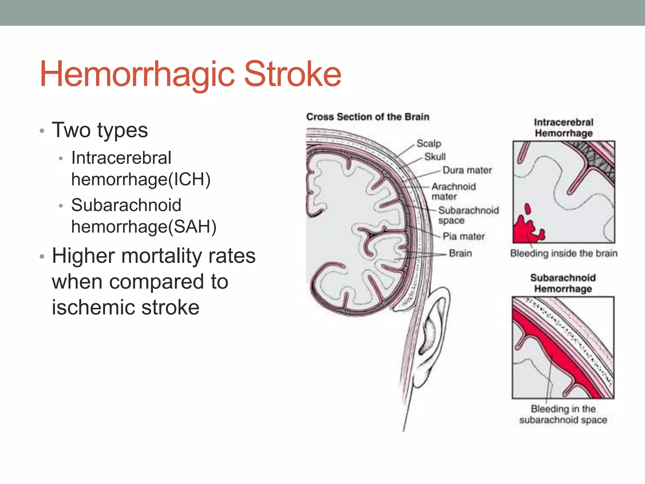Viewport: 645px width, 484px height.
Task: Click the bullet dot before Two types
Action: coord(42,131)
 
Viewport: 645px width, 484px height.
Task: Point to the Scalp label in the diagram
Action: coord(429,143)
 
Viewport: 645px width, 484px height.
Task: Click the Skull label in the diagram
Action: coord(435,157)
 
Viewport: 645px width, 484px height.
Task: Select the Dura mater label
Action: coord(467,170)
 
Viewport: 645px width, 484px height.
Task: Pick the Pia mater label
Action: coord(464,236)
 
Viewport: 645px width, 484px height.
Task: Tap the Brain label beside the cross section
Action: coord(460,253)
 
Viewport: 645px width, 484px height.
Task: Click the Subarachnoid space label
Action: coord(468,215)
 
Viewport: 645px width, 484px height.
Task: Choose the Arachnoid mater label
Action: coord(453,191)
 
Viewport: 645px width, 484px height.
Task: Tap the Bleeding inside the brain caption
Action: coord(563,253)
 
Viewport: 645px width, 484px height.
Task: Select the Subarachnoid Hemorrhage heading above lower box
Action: coord(563,283)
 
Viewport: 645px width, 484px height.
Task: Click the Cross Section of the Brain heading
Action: coord(368,117)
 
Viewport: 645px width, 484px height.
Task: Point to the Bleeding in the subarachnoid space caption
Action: coord(563,414)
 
